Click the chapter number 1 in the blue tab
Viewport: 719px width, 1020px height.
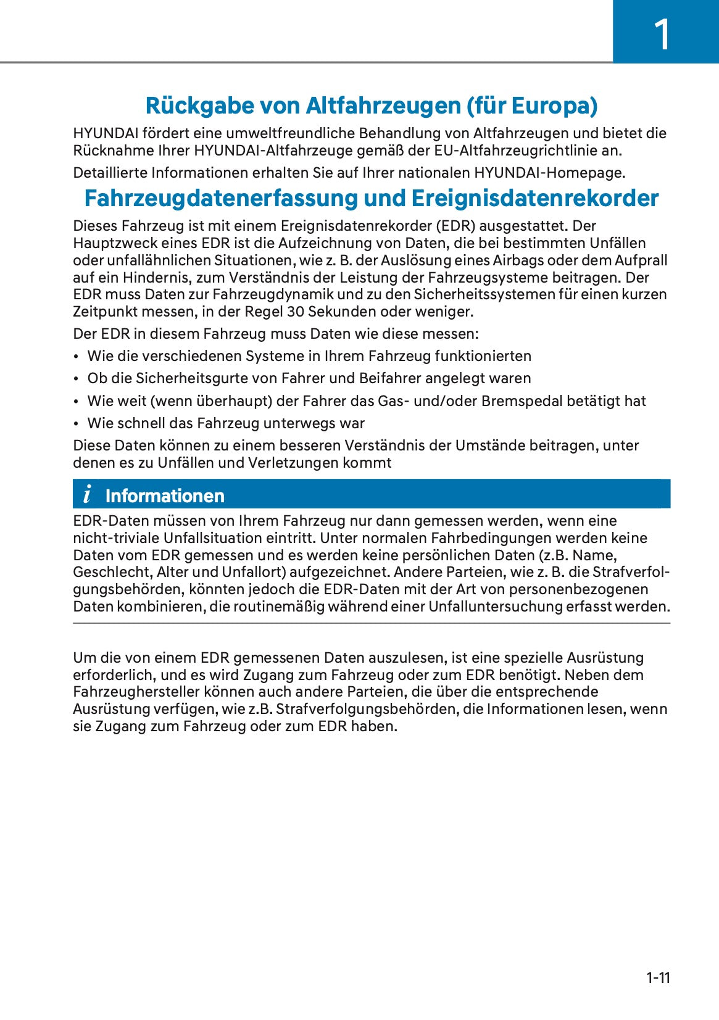coord(662,35)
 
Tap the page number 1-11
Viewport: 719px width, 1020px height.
coord(658,977)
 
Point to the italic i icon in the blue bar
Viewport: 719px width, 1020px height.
coord(87,494)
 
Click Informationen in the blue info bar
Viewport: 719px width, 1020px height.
coord(165,495)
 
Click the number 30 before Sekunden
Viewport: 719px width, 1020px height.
coord(296,312)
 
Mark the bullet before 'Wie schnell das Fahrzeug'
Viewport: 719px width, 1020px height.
coord(75,424)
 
